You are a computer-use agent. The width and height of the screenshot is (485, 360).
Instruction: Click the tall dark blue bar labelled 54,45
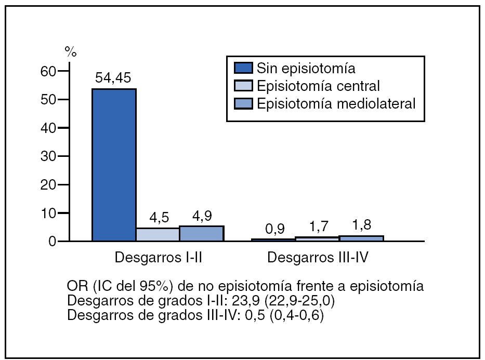tap(114, 165)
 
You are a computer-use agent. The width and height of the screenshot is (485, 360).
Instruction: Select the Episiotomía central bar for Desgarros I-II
tap(158, 234)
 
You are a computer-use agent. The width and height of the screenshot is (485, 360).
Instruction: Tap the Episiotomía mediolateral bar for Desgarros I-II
tap(201, 233)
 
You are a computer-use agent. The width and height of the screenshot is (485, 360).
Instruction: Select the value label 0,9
tap(274, 229)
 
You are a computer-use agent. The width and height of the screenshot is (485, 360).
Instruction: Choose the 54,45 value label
tap(113, 78)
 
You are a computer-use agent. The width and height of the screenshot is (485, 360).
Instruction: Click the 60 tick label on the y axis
tap(48, 71)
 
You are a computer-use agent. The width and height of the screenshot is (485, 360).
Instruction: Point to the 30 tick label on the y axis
tap(48, 156)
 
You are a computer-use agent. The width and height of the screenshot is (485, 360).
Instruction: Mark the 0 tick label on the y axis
tap(52, 242)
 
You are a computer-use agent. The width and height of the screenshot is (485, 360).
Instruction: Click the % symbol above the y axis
tap(70, 51)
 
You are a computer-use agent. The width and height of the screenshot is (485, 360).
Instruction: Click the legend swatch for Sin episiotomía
tap(243, 68)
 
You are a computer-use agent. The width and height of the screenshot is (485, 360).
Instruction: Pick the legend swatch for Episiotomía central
tap(243, 86)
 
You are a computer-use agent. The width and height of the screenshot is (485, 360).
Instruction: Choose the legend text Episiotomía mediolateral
tap(336, 103)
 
